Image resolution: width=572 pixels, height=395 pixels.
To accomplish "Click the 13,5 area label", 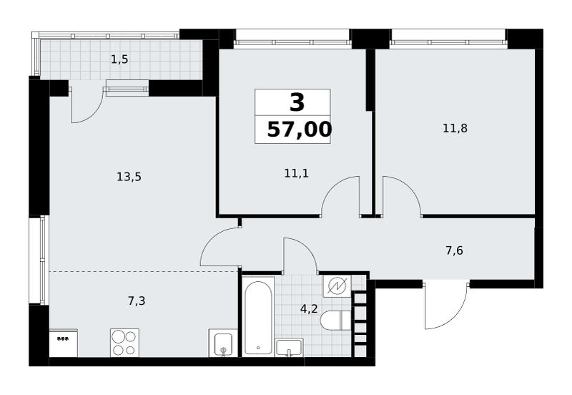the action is (x=129, y=177).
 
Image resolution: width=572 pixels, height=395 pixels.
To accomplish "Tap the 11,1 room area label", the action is (x=296, y=173).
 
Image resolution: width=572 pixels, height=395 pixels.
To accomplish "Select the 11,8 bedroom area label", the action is (x=455, y=128).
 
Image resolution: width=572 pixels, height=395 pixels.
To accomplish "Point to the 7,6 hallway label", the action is (x=454, y=250).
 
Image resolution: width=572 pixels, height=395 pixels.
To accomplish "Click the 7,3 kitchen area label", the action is (x=137, y=301).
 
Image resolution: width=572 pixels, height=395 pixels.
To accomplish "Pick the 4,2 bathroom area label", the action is (x=309, y=309).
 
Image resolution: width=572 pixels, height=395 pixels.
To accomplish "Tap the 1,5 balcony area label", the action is (x=119, y=59).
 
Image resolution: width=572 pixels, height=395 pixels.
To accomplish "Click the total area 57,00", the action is (x=300, y=130).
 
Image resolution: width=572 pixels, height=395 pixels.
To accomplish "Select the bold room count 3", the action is (x=297, y=102).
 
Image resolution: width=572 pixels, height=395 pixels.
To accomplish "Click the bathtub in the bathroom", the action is (x=258, y=317).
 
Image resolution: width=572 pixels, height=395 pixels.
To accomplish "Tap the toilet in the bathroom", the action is (x=335, y=321).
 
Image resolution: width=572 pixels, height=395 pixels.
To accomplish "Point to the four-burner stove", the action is (x=124, y=343).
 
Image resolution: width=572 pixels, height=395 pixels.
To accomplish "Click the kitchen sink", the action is (x=223, y=343).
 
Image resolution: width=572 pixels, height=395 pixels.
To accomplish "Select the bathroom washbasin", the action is (x=290, y=348).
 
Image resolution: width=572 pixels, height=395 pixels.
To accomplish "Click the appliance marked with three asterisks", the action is (x=63, y=343).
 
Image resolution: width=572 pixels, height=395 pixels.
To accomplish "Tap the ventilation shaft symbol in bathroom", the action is (x=337, y=286).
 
